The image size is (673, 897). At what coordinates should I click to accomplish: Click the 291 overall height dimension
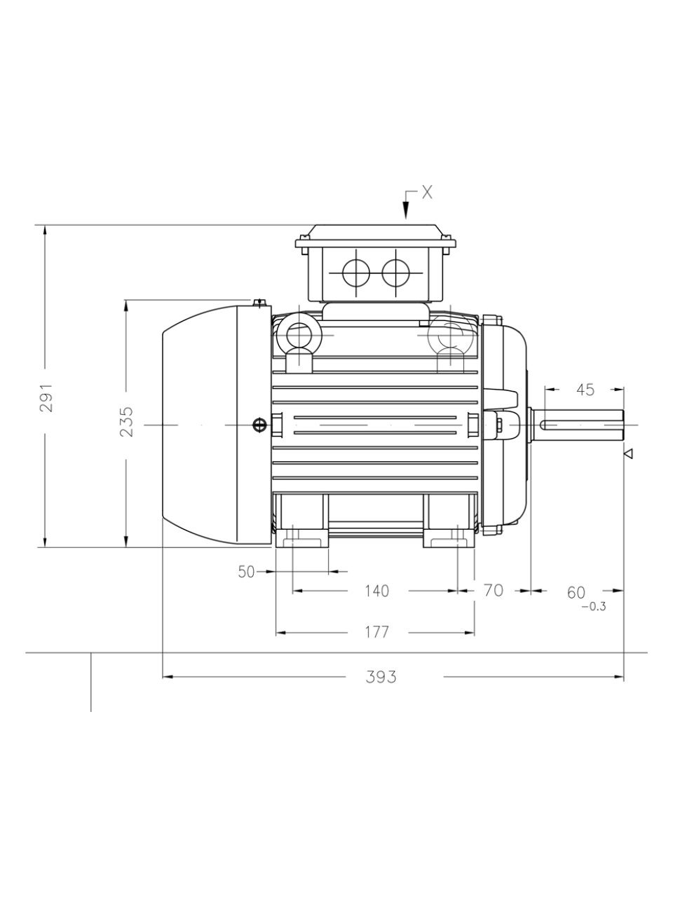pyautogui.click(x=46, y=397)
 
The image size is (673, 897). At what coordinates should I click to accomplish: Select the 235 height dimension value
pyautogui.click(x=127, y=422)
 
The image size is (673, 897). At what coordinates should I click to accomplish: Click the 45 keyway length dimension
pyautogui.click(x=585, y=390)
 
